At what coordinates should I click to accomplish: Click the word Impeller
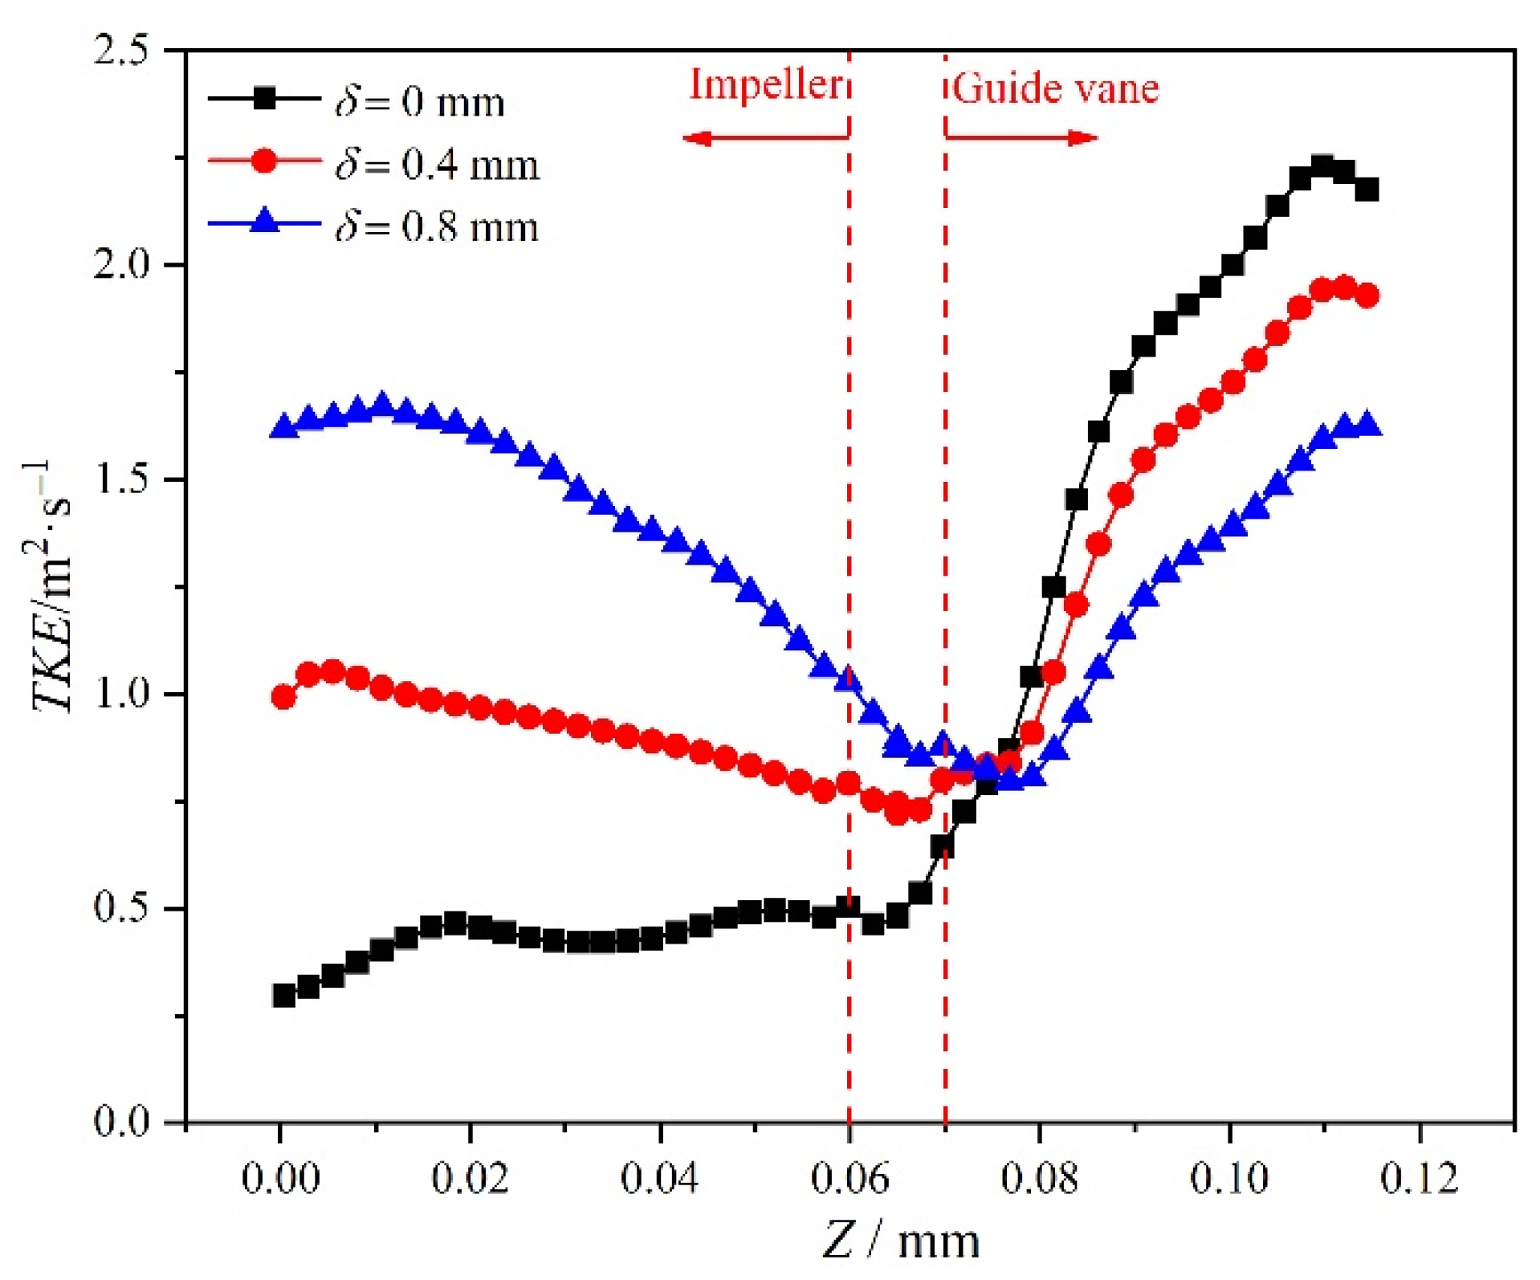click(766, 84)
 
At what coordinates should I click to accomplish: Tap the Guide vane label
click(1056, 88)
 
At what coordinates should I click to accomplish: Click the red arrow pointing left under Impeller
click(763, 138)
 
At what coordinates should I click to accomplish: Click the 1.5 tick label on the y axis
click(120, 479)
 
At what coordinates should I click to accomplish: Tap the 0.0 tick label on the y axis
click(120, 1121)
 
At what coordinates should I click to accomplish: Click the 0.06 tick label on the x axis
click(849, 1179)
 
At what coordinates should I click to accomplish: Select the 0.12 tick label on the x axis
click(1419, 1179)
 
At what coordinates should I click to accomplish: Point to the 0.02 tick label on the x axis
click(470, 1179)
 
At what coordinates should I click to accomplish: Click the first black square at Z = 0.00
click(283, 995)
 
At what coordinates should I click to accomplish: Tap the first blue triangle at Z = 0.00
click(283, 426)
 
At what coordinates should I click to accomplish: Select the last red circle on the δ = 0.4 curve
click(1367, 296)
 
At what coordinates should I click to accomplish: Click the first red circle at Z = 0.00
click(283, 696)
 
